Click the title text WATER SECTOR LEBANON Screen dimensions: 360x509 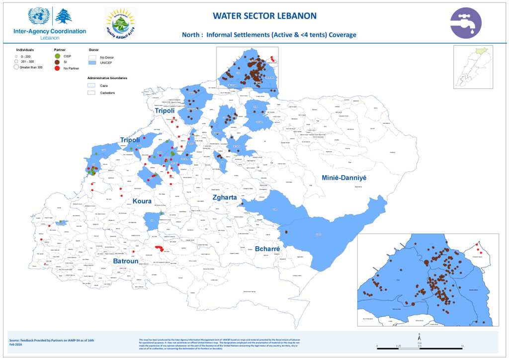pos(264,16)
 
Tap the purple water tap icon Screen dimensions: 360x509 pos(466,23)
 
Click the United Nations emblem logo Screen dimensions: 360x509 pos(38,16)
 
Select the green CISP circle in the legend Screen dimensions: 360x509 pos(57,56)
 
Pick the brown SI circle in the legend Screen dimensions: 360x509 pos(57,62)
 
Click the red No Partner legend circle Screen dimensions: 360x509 pos(57,68)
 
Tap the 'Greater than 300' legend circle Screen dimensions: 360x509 pos(16,67)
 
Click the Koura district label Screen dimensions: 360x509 pos(142,201)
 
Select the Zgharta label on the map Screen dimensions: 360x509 pos(225,197)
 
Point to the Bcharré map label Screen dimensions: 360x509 pos(267,249)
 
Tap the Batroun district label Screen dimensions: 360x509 pos(125,261)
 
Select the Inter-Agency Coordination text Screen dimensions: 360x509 pos(50,31)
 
